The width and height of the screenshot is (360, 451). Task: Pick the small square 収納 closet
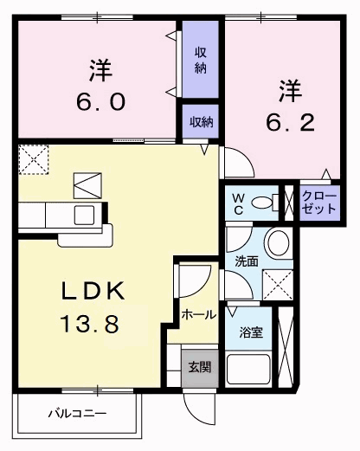(201, 122)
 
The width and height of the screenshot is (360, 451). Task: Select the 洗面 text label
(246, 261)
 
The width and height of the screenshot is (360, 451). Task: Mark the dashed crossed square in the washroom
(277, 281)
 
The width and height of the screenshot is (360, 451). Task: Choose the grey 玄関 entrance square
(198, 366)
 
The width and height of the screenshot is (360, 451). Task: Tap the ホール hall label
(198, 316)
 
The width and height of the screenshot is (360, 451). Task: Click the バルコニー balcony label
(77, 414)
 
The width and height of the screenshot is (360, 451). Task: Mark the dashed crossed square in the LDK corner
(35, 158)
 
